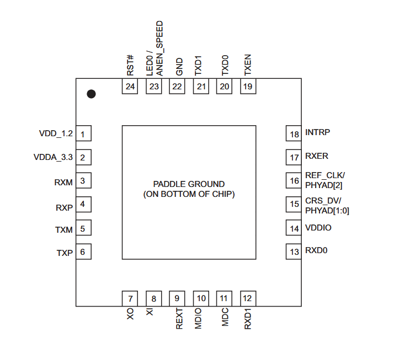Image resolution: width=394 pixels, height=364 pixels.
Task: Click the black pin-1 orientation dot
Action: [92, 94]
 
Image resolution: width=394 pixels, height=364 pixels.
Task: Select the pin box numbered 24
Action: [130, 87]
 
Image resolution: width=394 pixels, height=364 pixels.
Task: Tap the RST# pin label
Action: [131, 66]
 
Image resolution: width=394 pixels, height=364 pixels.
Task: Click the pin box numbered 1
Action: [83, 134]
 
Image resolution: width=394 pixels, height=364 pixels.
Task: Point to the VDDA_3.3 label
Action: [53, 158]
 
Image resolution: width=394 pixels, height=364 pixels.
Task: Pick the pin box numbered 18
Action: [294, 134]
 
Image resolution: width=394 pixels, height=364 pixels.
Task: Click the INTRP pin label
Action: [317, 133]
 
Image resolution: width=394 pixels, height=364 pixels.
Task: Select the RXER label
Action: [317, 157]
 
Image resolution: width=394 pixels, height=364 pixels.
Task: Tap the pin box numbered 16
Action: [294, 180]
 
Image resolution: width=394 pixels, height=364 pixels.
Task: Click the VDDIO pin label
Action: [318, 227]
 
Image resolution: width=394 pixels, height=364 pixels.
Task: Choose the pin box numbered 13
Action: [294, 251]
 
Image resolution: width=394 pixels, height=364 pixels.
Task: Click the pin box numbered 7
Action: [130, 299]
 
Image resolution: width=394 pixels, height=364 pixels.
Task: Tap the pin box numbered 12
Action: [247, 299]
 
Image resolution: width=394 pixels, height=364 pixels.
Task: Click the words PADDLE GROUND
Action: [189, 184]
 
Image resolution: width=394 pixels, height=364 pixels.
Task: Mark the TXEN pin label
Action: [248, 65]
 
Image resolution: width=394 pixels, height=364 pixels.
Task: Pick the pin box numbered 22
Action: [177, 87]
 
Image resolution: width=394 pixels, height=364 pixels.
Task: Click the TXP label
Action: [64, 253]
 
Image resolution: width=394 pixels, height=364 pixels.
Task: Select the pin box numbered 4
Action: [83, 205]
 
